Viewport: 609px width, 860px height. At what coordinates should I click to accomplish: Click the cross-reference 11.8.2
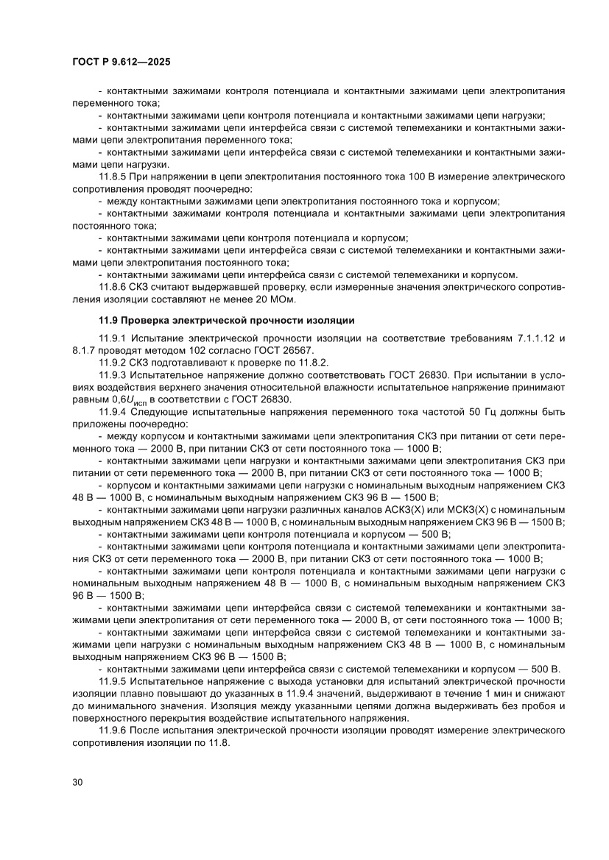tap(311, 363)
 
